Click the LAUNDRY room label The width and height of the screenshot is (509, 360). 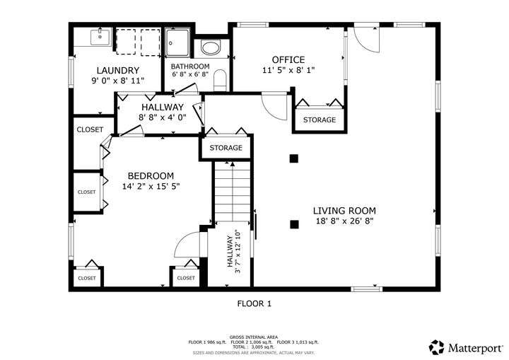[x=118, y=70]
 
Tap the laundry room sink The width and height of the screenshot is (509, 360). [x=100, y=37]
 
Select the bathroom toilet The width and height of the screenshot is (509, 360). [x=220, y=80]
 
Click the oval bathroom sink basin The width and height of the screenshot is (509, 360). [x=211, y=47]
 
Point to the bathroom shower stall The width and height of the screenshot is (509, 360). [x=177, y=42]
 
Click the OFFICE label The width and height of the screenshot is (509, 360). [x=288, y=60]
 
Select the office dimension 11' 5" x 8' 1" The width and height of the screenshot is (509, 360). [x=288, y=70]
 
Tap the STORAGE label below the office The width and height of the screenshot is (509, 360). [x=320, y=120]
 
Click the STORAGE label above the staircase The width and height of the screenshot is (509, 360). [x=226, y=148]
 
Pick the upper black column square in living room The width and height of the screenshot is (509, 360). [x=294, y=158]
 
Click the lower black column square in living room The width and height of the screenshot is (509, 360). [x=294, y=224]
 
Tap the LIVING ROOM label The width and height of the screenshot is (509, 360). [x=344, y=211]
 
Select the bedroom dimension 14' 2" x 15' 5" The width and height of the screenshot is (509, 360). [x=151, y=187]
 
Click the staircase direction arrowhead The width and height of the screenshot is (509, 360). [x=233, y=164]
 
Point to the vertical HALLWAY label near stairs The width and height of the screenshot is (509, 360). [x=230, y=252]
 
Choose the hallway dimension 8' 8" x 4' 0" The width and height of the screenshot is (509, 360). [x=163, y=117]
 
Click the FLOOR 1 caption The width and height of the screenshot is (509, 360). [x=255, y=304]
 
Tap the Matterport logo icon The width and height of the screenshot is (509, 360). [x=436, y=347]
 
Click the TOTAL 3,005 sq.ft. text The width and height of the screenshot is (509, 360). [x=253, y=347]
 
